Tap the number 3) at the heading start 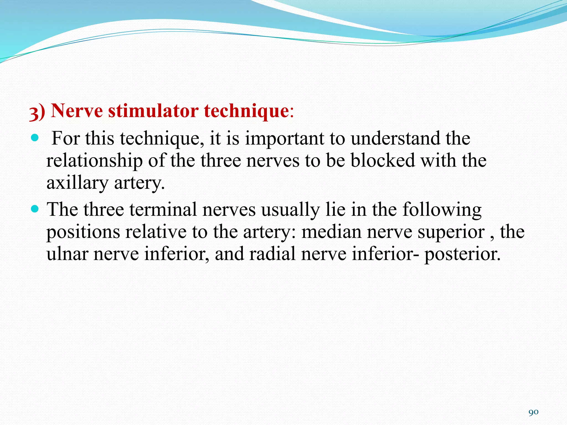[37, 112]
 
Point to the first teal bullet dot [35, 138]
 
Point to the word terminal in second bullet [163, 209]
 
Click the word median [331, 232]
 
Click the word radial [272, 254]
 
